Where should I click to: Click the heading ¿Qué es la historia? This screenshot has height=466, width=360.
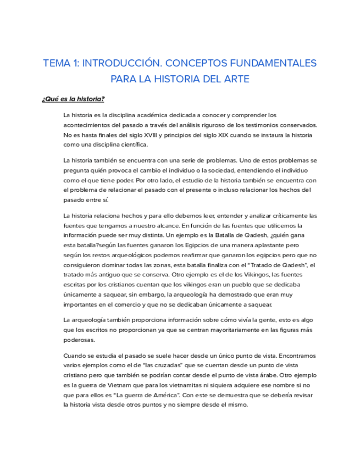(73, 99)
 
